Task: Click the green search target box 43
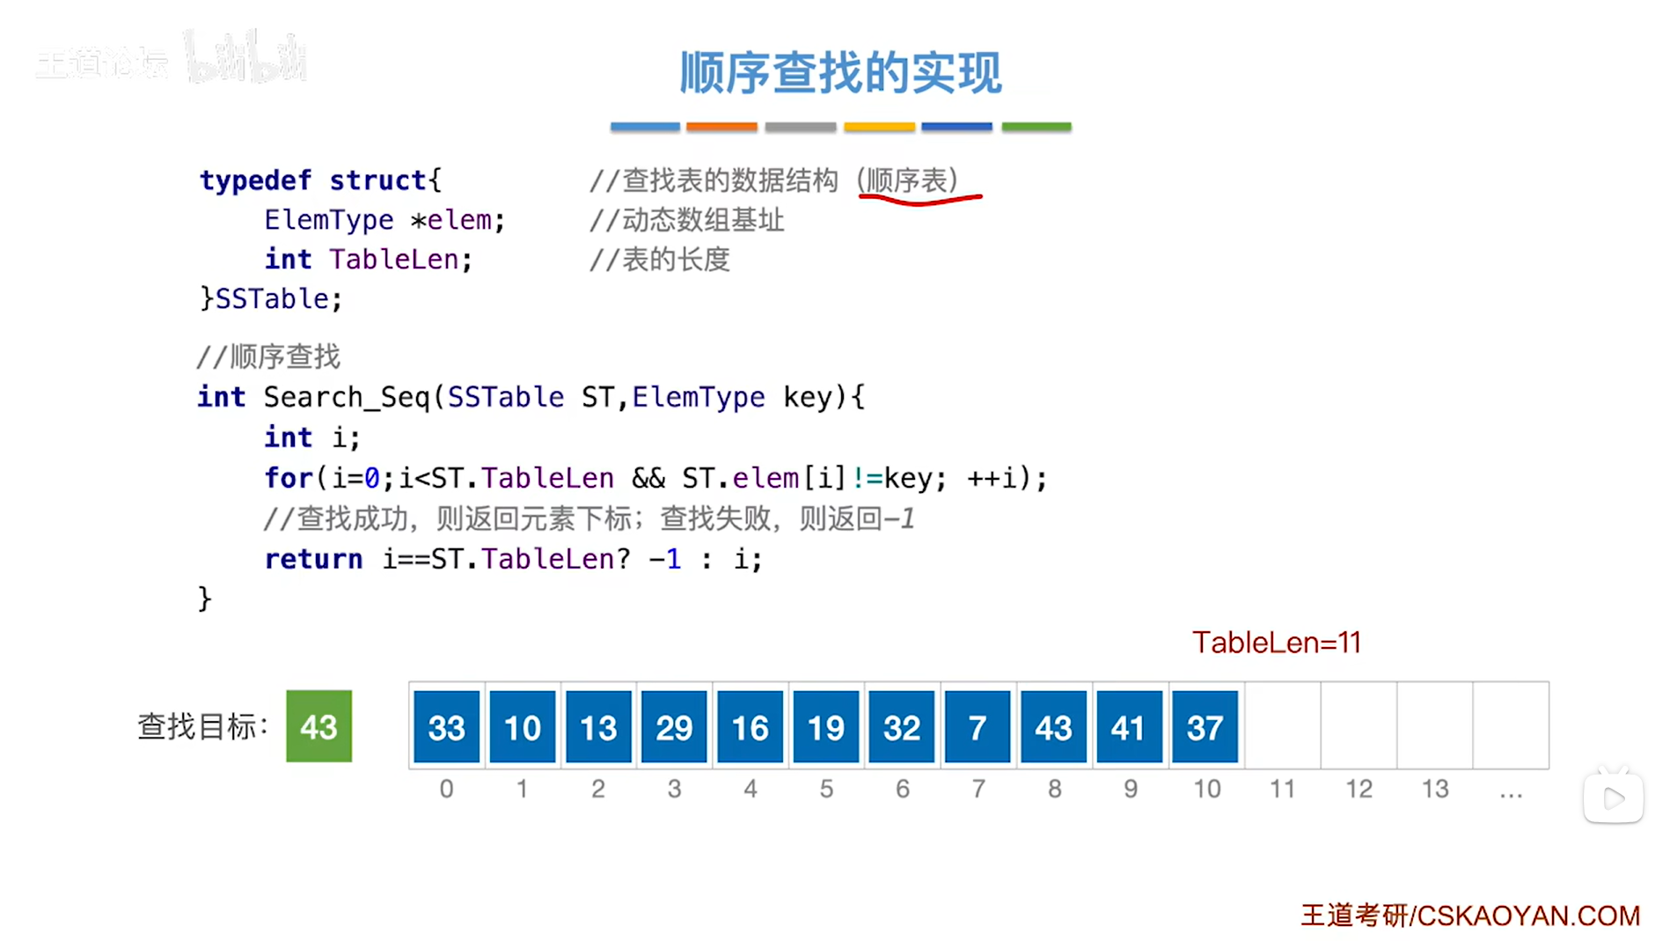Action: click(319, 726)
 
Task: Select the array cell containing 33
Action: click(446, 726)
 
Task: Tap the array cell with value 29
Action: click(674, 726)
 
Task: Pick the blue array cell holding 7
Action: click(977, 726)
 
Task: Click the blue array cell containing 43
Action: click(1053, 726)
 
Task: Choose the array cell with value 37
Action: click(1205, 726)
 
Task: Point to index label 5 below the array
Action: click(826, 789)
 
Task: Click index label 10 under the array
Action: click(1206, 789)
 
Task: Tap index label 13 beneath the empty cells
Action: click(1434, 789)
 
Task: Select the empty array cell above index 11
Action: click(1282, 725)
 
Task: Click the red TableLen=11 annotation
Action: click(1276, 643)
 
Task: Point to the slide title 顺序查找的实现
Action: click(840, 72)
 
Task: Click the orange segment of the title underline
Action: click(721, 127)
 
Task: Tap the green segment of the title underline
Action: click(1036, 127)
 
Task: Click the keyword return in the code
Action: click(313, 559)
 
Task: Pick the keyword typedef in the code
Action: click(255, 180)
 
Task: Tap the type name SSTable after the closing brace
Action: click(273, 299)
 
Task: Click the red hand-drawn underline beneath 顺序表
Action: click(919, 201)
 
